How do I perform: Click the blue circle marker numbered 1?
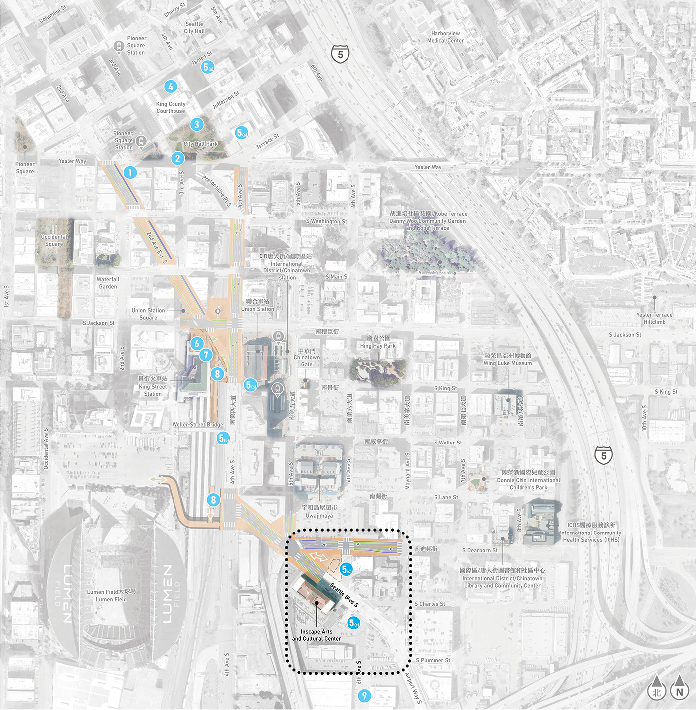click(130, 173)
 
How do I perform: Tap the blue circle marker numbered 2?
click(177, 159)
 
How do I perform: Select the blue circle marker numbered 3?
click(197, 125)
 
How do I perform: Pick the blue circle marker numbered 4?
click(171, 87)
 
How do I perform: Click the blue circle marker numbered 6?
click(197, 343)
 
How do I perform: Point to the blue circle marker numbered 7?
click(206, 355)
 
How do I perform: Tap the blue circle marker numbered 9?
click(364, 696)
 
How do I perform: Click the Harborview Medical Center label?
click(445, 37)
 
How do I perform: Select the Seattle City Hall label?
click(194, 28)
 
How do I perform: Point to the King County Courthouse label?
click(171, 108)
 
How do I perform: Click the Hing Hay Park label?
click(378, 342)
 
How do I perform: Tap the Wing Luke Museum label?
click(508, 359)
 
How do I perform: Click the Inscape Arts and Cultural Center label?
click(317, 635)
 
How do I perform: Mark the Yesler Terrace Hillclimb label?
click(654, 318)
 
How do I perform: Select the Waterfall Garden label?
click(108, 283)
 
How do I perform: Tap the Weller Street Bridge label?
click(198, 425)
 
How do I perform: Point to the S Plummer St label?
click(433, 660)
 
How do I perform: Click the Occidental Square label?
click(54, 240)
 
